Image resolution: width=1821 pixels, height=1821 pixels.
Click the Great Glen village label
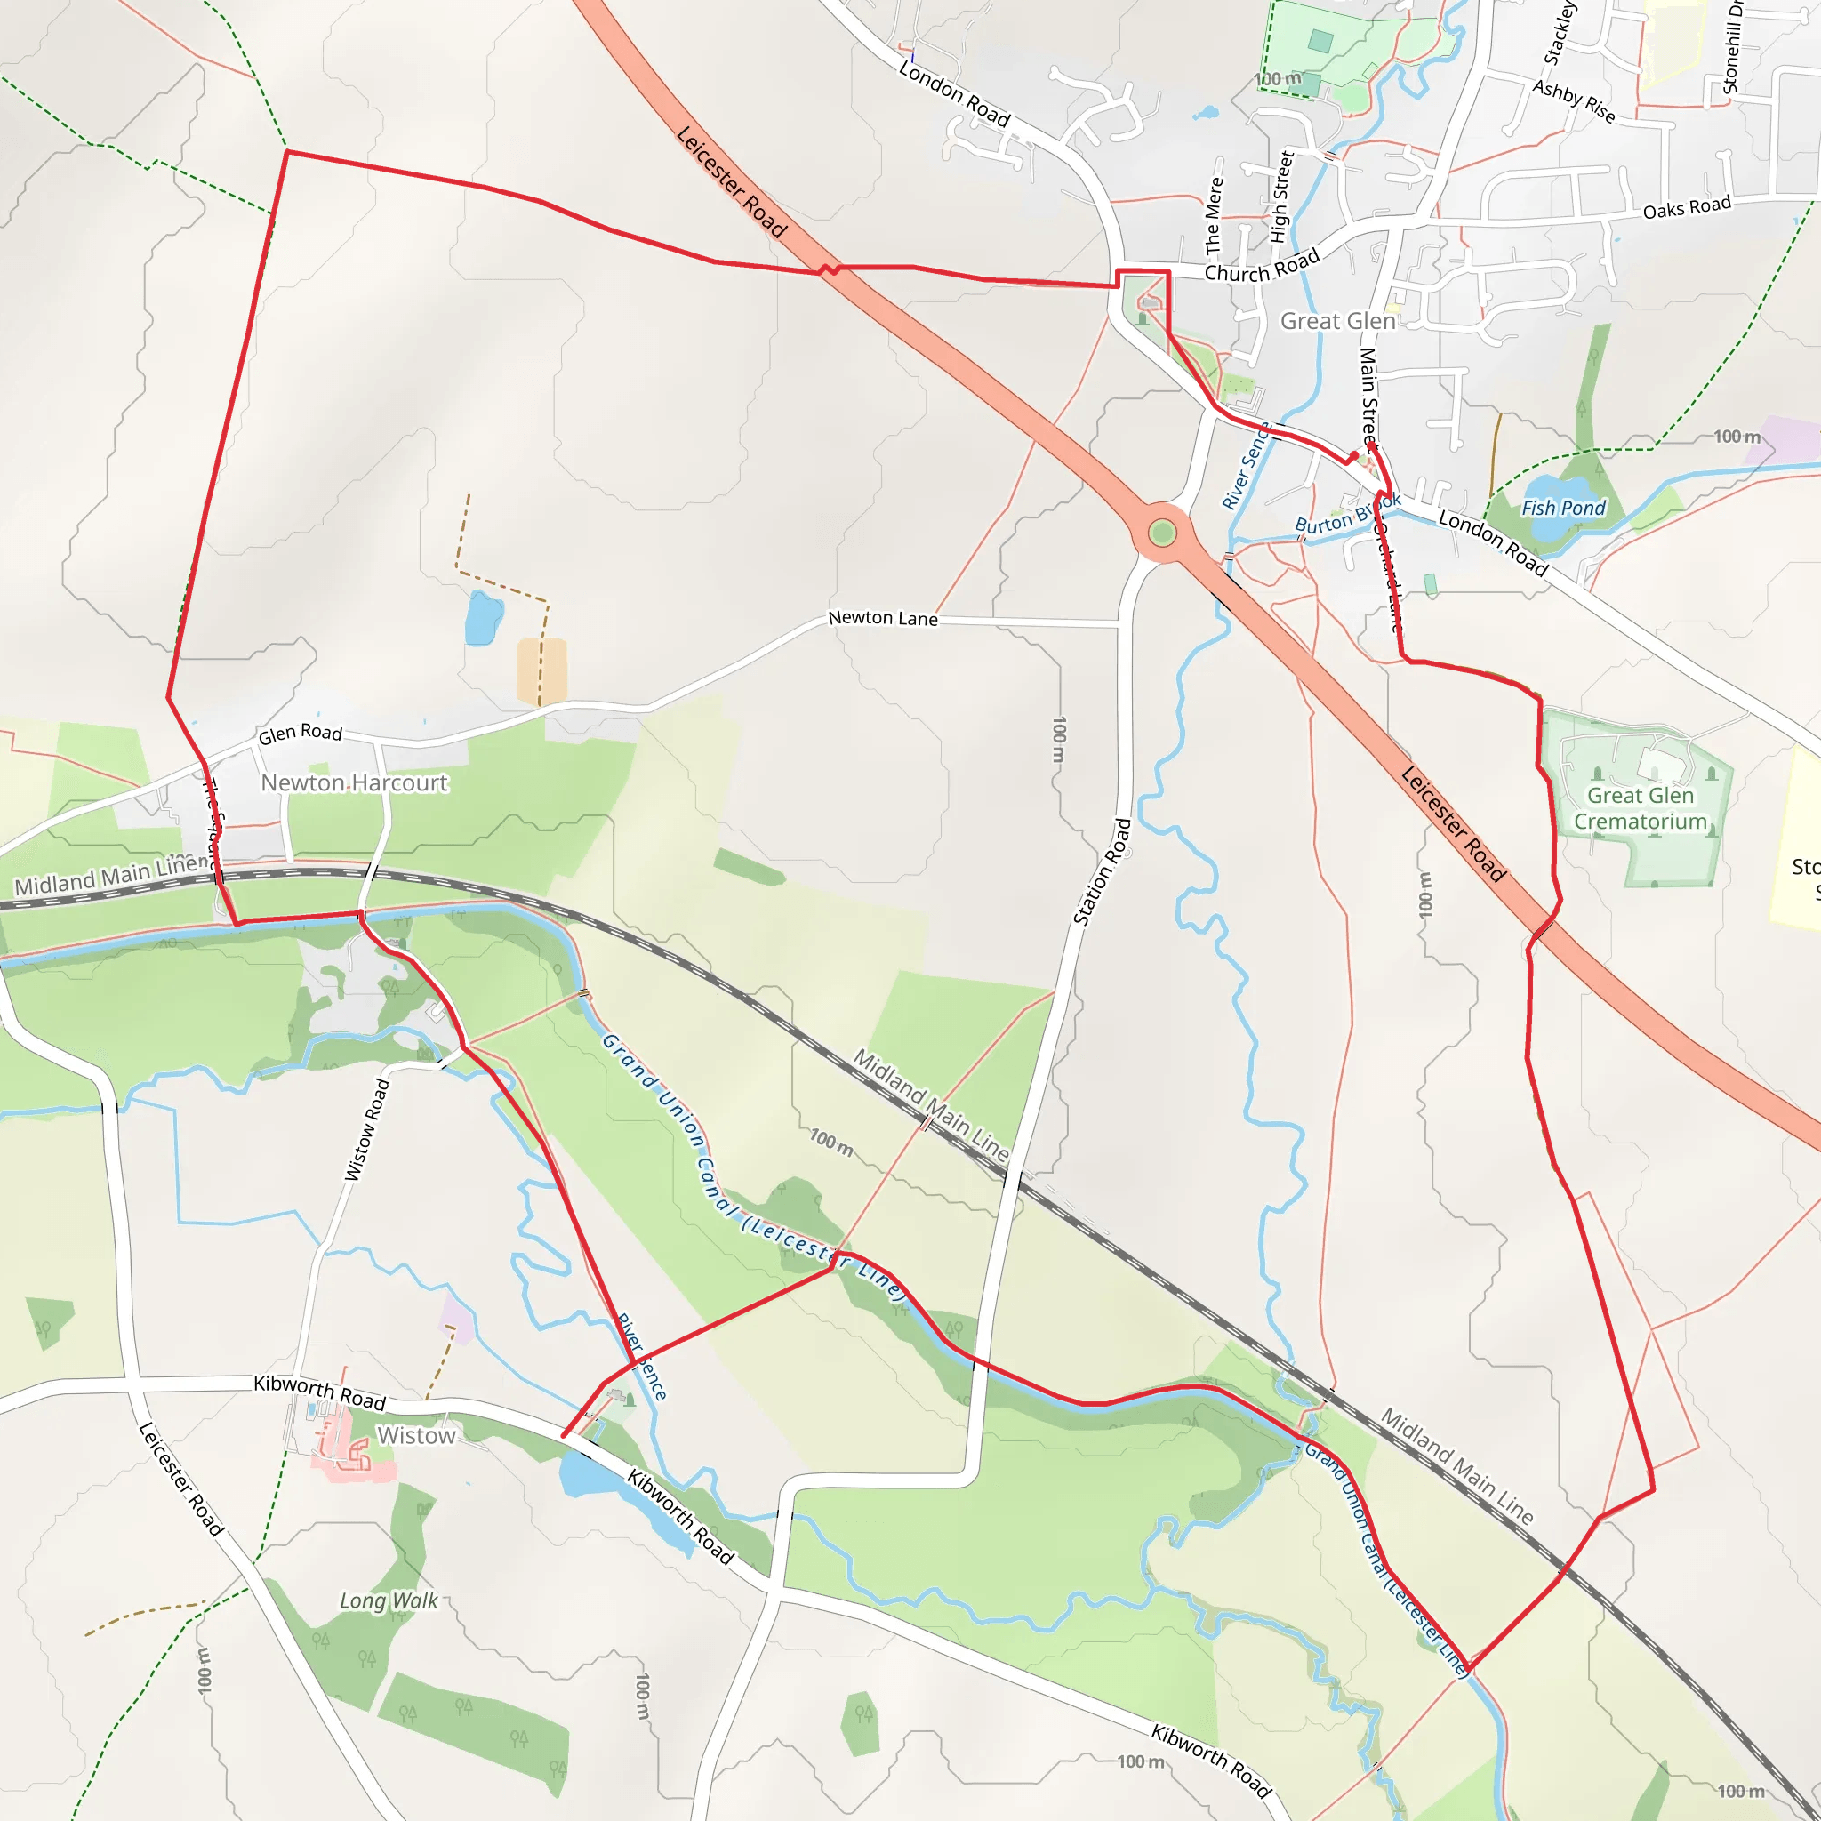(1336, 321)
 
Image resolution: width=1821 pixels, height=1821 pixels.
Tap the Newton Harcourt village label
(355, 783)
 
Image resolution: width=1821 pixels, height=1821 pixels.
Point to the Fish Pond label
(1563, 508)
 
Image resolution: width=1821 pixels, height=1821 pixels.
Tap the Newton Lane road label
(882, 618)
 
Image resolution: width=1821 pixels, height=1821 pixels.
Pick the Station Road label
(1102, 872)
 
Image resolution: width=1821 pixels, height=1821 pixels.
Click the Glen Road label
(300, 734)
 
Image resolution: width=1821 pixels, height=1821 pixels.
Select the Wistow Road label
(366, 1129)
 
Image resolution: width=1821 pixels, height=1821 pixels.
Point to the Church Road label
(1261, 267)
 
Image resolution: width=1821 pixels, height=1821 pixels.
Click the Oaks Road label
(1686, 207)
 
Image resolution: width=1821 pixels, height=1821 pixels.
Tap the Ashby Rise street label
(1573, 100)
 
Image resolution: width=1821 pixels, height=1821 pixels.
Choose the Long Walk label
(389, 1600)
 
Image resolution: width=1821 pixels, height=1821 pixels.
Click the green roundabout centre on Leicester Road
(1162, 533)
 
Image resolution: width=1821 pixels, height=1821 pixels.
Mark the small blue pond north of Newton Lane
(484, 618)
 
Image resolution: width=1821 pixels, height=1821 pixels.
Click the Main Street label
(1368, 396)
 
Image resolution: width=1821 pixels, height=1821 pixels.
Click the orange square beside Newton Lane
(542, 670)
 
